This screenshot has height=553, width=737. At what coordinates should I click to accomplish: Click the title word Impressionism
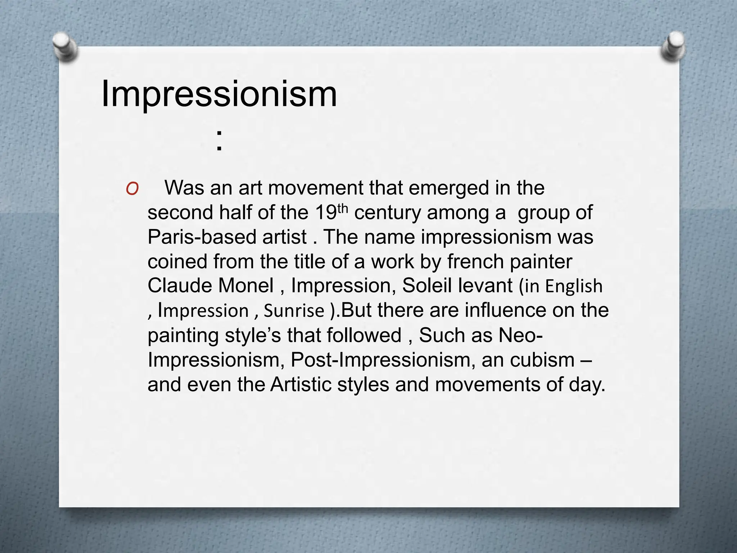pyautogui.click(x=219, y=94)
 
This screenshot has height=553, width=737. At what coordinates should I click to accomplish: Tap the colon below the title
pyautogui.click(x=219, y=140)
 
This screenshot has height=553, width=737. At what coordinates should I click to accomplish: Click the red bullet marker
pyautogui.click(x=132, y=189)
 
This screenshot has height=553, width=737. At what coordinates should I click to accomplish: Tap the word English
pyautogui.click(x=574, y=286)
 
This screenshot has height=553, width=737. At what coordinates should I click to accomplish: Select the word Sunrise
pyautogui.click(x=294, y=311)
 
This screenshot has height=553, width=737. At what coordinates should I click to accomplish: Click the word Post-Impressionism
pyautogui.click(x=383, y=360)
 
